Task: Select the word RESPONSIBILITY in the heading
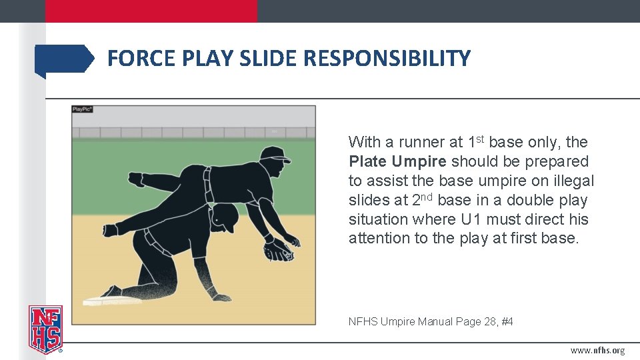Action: [387, 59]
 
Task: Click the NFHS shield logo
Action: [45, 329]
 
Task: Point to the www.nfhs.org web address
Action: [597, 351]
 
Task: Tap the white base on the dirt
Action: [111, 301]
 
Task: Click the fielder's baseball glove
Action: [279, 251]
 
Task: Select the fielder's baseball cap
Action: [275, 155]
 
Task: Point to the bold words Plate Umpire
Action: [397, 161]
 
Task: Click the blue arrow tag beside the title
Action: [64, 59]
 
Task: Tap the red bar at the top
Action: [151, 11]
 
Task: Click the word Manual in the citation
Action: [435, 322]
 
